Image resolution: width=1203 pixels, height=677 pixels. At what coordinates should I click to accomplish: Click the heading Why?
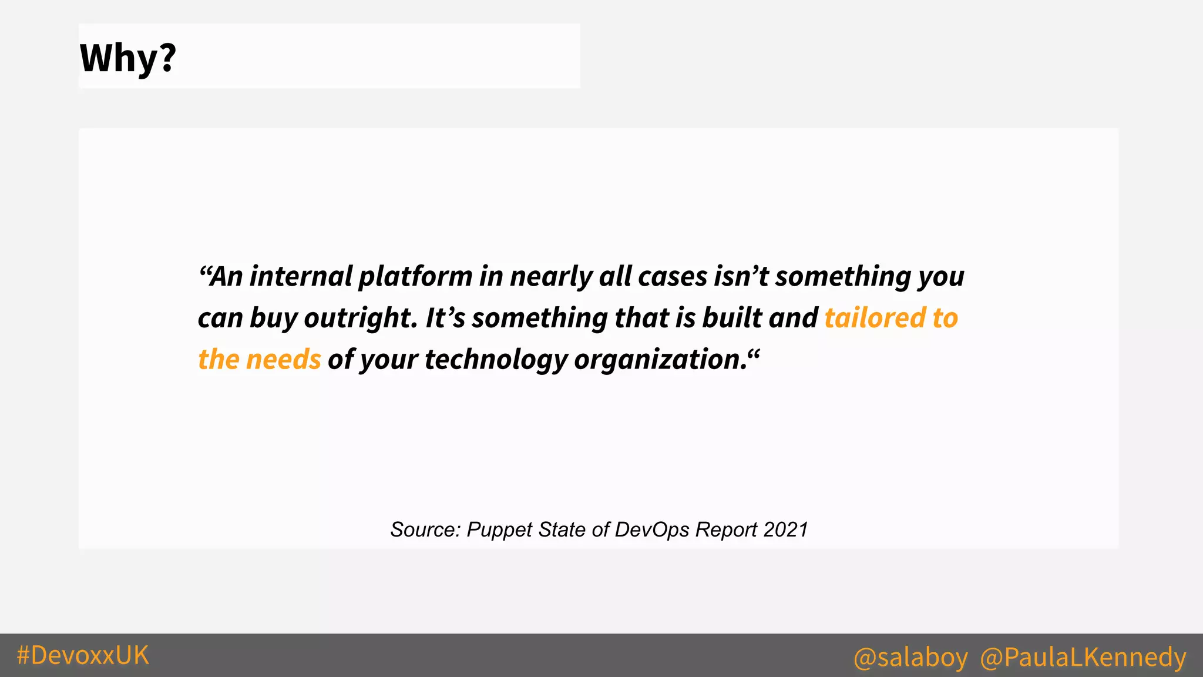pos(128,58)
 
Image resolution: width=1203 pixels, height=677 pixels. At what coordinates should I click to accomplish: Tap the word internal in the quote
pos(301,276)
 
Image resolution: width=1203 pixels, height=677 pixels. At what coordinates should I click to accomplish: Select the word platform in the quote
pos(415,276)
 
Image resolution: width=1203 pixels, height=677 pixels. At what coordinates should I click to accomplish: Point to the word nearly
pos(551,276)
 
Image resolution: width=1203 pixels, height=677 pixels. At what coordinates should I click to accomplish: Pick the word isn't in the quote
pos(741,276)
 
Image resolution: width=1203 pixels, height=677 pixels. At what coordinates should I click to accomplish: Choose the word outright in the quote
pos(360,318)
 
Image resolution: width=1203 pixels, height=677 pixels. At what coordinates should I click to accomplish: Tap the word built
pos(732,318)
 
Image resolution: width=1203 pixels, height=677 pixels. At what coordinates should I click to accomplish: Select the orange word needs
pos(283,360)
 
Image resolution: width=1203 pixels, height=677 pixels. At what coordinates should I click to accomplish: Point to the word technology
pos(496,360)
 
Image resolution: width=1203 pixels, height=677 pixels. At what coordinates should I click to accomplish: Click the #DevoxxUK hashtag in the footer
pos(83,655)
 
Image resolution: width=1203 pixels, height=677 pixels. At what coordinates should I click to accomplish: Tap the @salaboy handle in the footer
pos(910,657)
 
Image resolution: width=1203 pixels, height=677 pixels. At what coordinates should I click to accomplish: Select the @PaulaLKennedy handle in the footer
pos(1083,657)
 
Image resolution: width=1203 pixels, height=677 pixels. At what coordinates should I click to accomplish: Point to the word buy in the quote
pos(273,318)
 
